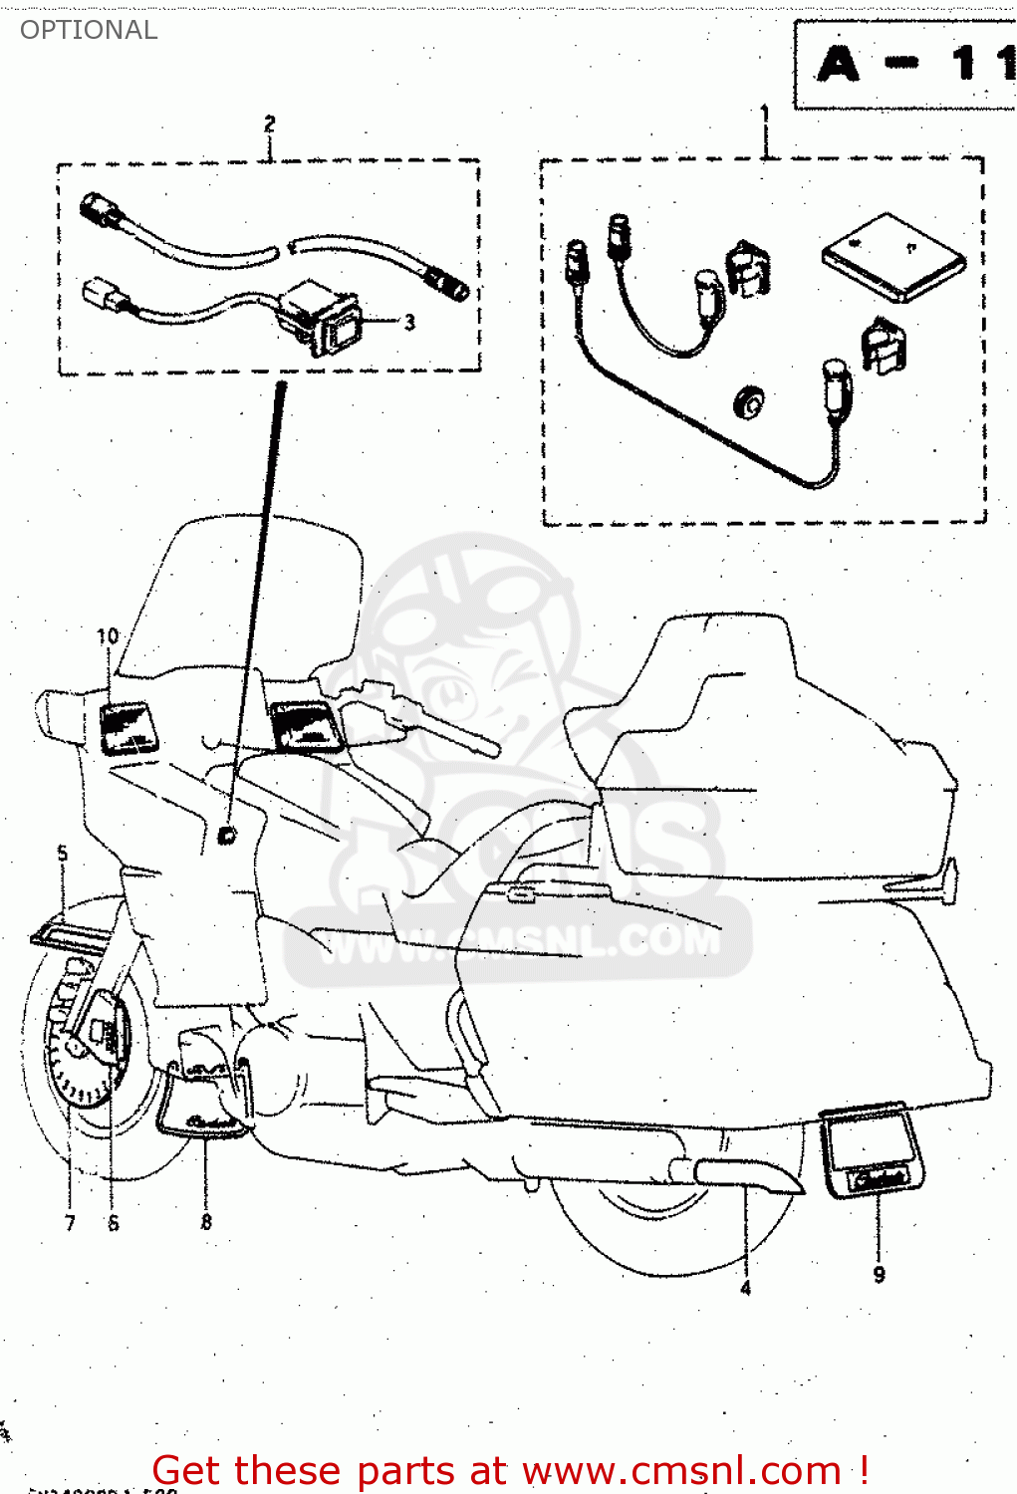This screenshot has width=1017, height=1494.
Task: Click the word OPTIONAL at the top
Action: click(x=89, y=30)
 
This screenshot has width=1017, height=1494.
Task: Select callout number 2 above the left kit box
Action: click(x=269, y=124)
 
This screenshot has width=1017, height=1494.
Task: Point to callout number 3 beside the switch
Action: click(x=409, y=322)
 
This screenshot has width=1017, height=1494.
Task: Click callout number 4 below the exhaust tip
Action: click(x=745, y=1288)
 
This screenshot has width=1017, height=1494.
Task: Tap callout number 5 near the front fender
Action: click(x=63, y=854)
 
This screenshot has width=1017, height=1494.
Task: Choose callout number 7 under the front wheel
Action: click(x=70, y=1223)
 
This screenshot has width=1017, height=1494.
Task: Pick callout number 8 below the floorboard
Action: click(x=206, y=1221)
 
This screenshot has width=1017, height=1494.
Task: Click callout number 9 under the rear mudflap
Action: click(x=879, y=1274)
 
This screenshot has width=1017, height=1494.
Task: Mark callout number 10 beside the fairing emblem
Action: click(x=108, y=635)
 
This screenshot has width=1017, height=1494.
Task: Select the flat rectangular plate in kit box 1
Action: click(x=892, y=257)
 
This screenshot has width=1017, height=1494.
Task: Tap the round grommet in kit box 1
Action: click(x=748, y=400)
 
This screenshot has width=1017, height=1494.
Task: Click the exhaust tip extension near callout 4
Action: click(x=747, y=1175)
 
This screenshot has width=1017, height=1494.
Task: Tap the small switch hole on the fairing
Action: click(x=228, y=834)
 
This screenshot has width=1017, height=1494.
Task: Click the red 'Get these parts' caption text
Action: click(x=510, y=1470)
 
